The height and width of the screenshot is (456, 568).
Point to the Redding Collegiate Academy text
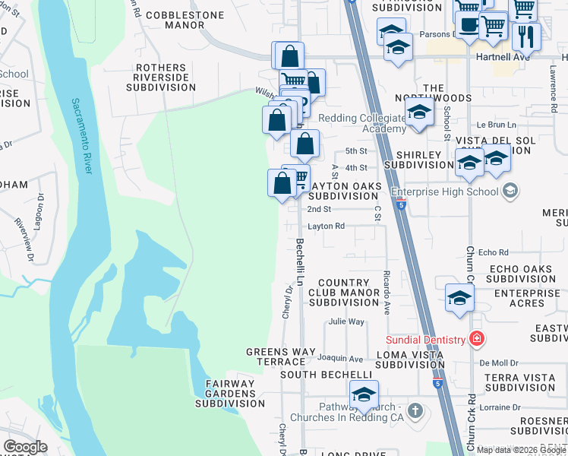[361, 123]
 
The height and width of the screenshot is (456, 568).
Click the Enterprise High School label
[445, 189]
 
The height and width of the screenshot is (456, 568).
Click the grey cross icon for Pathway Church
[415, 411]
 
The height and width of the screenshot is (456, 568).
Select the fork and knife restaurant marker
[526, 35]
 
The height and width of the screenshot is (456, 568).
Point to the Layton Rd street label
[327, 226]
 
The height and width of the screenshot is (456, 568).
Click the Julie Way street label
[346, 321]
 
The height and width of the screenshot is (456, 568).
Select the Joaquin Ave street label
[341, 358]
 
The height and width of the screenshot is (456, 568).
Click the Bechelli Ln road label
[300, 261]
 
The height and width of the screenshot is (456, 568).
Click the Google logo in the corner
[25, 447]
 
